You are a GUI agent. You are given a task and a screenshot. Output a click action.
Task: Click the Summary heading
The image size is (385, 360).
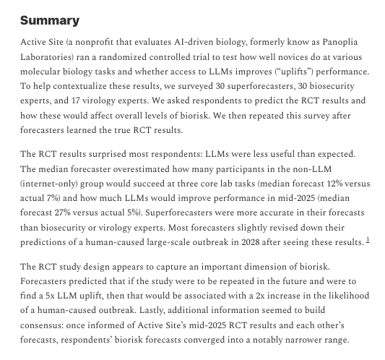(50, 20)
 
